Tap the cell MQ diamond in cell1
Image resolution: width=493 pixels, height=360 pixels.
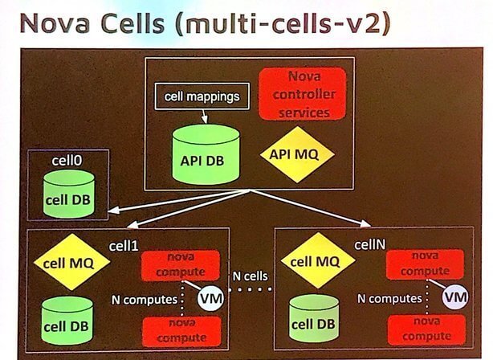pos(63,261)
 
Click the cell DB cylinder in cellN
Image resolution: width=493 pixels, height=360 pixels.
pos(313,318)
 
